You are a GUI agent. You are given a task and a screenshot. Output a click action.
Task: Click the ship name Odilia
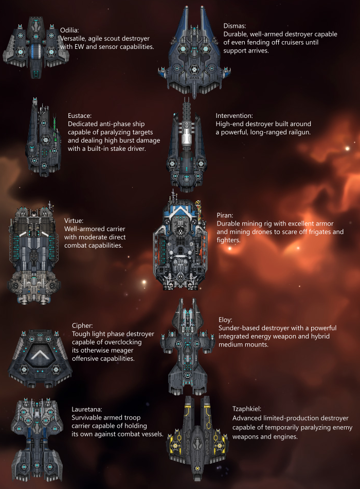(x=70, y=30)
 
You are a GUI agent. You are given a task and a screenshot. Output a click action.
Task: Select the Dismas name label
(x=235, y=26)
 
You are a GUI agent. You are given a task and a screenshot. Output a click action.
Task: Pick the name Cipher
(x=82, y=326)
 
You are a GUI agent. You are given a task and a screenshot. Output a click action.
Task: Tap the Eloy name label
(x=225, y=320)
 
